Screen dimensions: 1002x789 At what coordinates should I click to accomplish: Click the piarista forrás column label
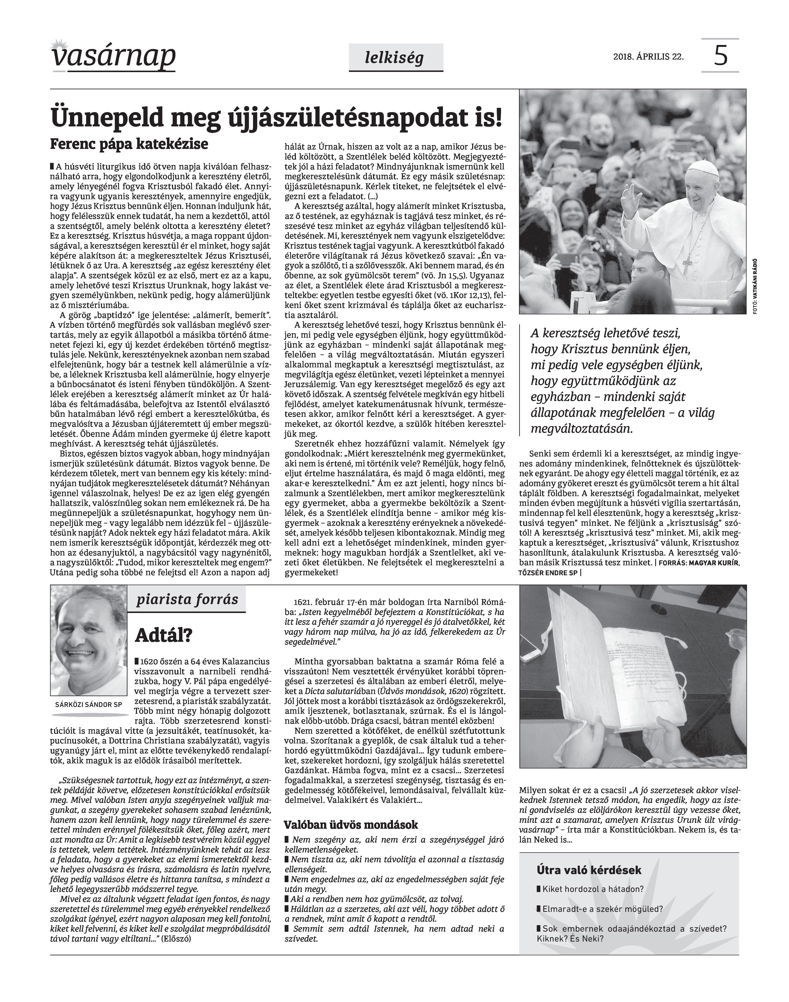pyautogui.click(x=187, y=600)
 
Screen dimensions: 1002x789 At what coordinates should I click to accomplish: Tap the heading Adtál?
pyautogui.click(x=163, y=636)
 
